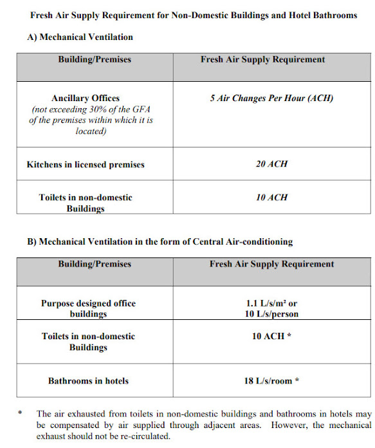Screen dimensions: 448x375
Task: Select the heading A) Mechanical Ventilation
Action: pos(80,37)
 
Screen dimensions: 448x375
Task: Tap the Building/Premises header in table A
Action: pos(95,60)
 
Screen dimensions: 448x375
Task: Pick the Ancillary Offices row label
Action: pos(86,98)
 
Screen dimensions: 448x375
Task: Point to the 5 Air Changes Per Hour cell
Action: pos(271,98)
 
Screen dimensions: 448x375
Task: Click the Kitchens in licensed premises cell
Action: pos(86,165)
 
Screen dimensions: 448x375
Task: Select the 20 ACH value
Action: pos(271,164)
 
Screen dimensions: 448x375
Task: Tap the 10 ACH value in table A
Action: pos(271,198)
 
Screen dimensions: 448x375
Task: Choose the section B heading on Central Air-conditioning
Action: pos(160,242)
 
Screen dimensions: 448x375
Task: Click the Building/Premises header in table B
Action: pos(95,264)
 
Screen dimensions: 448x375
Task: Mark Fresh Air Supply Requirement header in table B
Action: pos(271,264)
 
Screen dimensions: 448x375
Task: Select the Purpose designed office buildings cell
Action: pos(89,308)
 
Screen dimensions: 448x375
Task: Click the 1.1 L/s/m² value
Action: pos(271,303)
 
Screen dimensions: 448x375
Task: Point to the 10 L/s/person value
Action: pos(271,314)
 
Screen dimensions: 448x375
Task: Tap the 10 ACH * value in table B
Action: pos(271,337)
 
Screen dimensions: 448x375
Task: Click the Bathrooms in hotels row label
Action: pos(89,381)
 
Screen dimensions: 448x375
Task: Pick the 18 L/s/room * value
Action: pos(271,381)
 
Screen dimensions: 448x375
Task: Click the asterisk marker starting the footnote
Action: pos(21,414)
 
